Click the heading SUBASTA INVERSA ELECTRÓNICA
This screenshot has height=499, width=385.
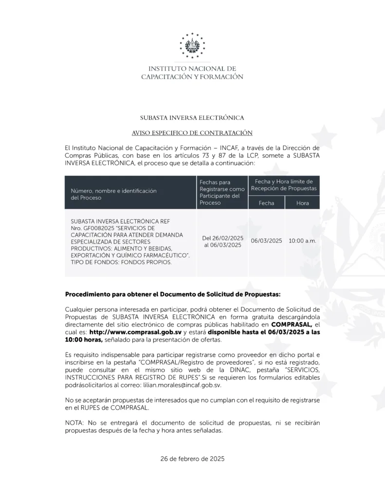(192, 117)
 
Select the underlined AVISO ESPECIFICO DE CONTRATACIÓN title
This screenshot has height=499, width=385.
(192, 133)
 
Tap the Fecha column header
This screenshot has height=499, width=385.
(266, 203)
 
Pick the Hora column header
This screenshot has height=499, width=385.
(302, 203)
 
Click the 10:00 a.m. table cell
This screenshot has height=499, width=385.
(302, 241)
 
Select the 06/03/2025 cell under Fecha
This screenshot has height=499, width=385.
(266, 241)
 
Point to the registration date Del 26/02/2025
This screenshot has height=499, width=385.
(223, 238)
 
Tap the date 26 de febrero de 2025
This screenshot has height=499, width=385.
(192, 459)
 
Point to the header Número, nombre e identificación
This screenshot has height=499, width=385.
(114, 191)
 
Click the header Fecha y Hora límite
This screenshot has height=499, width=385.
(284, 184)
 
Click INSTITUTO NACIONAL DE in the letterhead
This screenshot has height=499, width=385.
(192, 69)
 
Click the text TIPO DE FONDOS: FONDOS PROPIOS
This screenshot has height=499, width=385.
(121, 262)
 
